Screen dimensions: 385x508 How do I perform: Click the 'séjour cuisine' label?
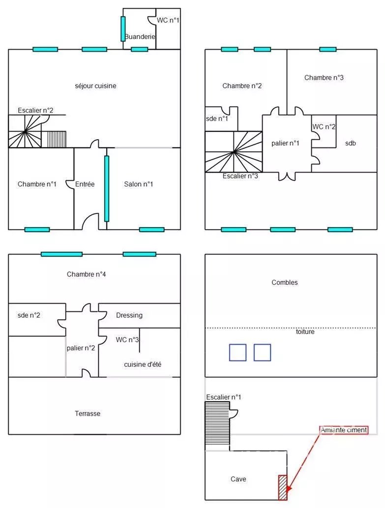coord(95,86)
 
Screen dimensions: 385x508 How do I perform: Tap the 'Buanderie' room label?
coord(140,36)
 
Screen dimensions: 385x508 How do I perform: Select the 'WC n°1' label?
coord(168,20)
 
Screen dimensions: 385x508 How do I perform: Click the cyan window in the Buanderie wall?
coord(123,29)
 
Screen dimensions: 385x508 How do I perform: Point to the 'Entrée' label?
coord(85,184)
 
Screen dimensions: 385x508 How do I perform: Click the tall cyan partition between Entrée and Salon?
coord(107,188)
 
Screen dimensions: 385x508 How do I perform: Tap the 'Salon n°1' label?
coord(138,184)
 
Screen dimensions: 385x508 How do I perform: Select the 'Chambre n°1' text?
coord(37,184)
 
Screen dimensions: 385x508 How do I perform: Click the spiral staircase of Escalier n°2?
coord(25,131)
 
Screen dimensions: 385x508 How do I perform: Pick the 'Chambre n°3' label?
coord(324,77)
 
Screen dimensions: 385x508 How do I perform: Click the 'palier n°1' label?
coord(285,143)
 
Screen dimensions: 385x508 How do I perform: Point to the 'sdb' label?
coord(351,143)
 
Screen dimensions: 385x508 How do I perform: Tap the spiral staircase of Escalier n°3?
coord(234,151)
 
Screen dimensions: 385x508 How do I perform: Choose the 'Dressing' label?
coord(129,315)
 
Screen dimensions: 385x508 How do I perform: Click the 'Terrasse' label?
coord(88,414)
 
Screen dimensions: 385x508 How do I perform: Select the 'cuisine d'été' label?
coord(143,364)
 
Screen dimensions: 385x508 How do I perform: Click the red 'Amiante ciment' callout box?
coord(344,430)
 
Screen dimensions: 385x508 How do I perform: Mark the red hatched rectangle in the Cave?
coord(283,487)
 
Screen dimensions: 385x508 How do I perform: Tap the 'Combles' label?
coord(285,282)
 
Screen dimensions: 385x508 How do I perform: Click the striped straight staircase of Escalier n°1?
coord(217,423)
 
